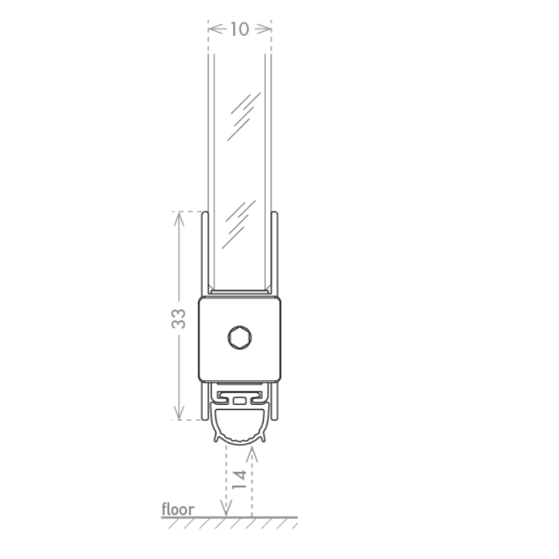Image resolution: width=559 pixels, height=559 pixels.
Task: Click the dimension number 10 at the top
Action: pos(240,29)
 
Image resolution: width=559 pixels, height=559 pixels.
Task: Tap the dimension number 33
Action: pos(179,319)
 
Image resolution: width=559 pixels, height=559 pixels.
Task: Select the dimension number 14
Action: pos(240,479)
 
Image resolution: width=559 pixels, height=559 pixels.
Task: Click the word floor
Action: pos(178,509)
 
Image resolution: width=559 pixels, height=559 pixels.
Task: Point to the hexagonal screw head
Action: pos(240,337)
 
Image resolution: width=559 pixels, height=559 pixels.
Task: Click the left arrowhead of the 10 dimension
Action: pos(216,29)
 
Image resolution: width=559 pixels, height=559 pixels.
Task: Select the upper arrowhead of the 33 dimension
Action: pos(179,219)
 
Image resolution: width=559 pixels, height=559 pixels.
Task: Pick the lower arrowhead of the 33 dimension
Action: pos(179,413)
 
